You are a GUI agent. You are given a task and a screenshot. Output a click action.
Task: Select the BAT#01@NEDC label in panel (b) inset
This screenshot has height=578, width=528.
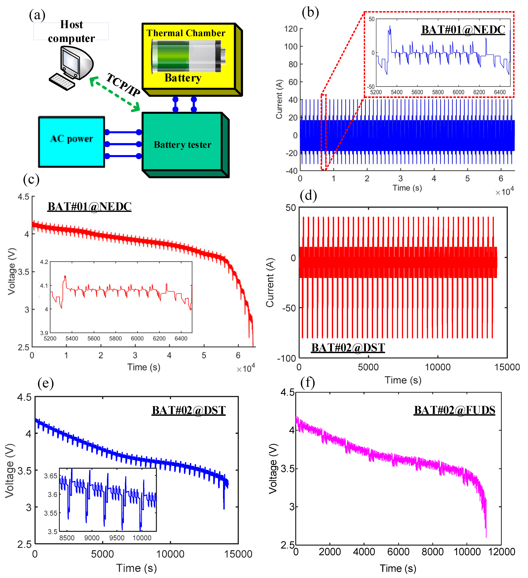463,30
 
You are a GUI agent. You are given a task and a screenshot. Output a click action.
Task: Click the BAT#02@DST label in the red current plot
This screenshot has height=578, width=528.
348,348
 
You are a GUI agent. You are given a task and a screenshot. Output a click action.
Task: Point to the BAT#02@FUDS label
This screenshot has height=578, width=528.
454,410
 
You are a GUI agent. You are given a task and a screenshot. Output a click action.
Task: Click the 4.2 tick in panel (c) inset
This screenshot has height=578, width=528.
44,262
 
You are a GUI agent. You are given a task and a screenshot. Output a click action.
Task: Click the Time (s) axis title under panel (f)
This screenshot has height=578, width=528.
398,568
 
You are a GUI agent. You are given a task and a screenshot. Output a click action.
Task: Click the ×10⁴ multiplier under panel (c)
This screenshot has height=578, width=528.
246,368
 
